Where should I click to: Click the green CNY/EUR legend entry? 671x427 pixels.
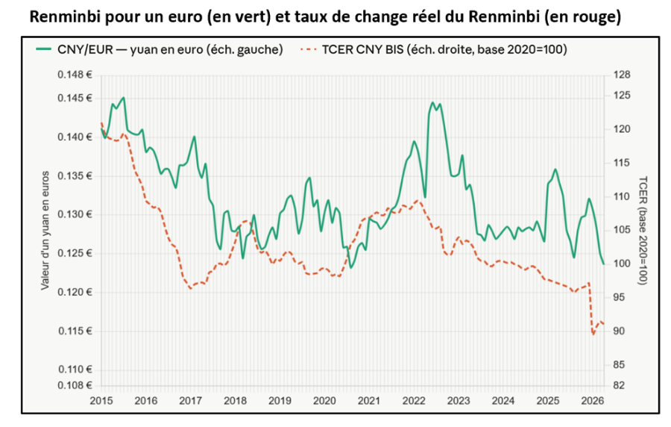click(160, 50)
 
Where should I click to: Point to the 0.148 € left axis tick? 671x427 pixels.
click(75, 75)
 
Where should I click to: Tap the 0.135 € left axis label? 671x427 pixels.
click(75, 176)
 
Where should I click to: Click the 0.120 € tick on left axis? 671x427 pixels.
click(75, 293)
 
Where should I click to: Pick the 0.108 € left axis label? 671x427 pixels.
click(75, 385)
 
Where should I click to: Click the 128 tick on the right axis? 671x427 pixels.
click(622, 75)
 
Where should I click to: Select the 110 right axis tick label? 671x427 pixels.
click(622, 196)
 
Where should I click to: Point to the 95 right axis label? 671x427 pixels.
click(619, 297)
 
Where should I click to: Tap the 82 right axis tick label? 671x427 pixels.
click(619, 385)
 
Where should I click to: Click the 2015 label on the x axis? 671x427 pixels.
click(101, 401)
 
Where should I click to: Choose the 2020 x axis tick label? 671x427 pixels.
click(324, 401)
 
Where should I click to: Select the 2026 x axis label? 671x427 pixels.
click(592, 401)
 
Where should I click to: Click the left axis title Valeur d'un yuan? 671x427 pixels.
click(45, 231)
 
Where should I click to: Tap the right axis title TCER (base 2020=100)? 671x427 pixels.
click(643, 231)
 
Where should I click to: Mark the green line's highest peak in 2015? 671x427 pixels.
click(124, 97)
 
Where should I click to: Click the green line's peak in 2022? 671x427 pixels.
click(432, 102)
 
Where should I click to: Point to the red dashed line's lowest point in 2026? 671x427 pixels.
click(593, 334)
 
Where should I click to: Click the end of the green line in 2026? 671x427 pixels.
click(604, 264)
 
